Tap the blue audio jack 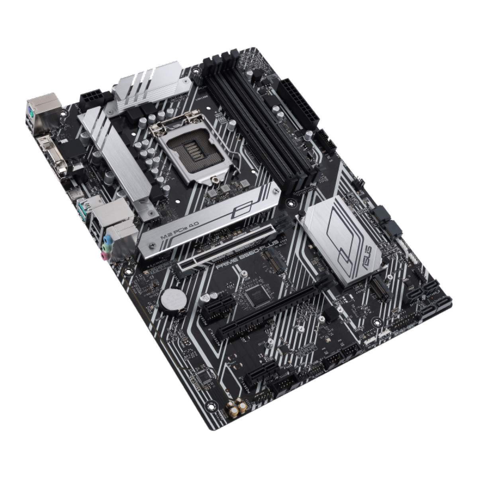107,241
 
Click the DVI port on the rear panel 53,159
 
